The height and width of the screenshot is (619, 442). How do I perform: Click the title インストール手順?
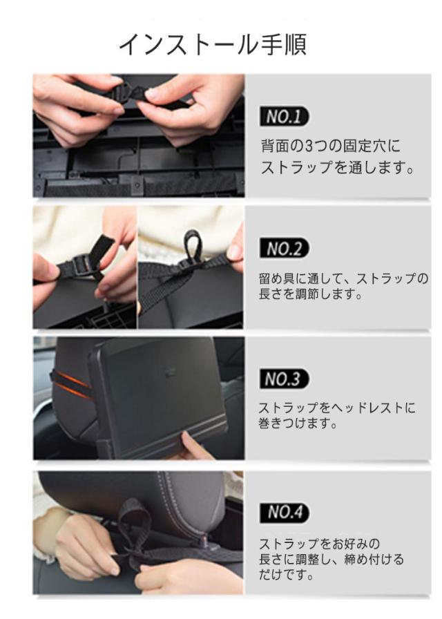213,45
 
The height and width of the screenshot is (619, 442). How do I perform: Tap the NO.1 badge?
284,117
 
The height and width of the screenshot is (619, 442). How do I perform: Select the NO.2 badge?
284,248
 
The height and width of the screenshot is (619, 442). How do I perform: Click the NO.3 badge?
284,379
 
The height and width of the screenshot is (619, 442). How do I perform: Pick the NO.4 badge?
284,512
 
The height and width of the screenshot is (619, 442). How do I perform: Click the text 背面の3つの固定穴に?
330,146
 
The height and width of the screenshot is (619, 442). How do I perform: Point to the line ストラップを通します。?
338,167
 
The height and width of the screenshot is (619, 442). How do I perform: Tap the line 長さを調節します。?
311,294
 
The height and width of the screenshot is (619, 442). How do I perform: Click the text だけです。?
287,575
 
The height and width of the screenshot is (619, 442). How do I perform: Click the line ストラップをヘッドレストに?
337,408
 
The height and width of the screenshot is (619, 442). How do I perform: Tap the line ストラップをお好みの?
319,544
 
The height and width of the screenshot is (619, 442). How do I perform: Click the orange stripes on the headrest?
71,383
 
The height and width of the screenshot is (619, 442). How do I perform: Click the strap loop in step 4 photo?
135,521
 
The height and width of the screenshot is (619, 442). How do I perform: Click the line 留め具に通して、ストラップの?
343,278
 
